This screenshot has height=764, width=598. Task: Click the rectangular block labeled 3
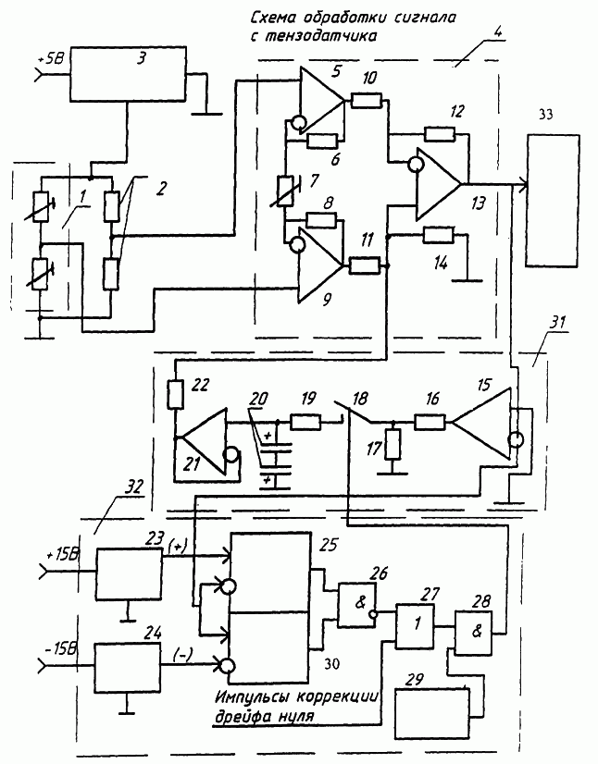[129, 74]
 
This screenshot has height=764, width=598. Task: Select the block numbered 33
[553, 201]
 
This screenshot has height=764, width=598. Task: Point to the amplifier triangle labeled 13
[438, 184]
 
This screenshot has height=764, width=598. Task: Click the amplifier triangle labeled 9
[319, 266]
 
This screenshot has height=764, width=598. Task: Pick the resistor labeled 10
[366, 101]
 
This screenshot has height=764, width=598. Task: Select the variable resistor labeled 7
[284, 192]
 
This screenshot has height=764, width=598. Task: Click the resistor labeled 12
[440, 133]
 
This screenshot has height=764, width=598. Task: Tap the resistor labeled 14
[439, 235]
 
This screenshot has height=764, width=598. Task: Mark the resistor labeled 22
[176, 395]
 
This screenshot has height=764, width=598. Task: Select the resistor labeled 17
[392, 444]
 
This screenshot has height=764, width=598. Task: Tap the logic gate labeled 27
[415, 626]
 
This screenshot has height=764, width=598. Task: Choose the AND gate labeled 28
[474, 633]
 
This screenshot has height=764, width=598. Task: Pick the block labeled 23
[130, 574]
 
